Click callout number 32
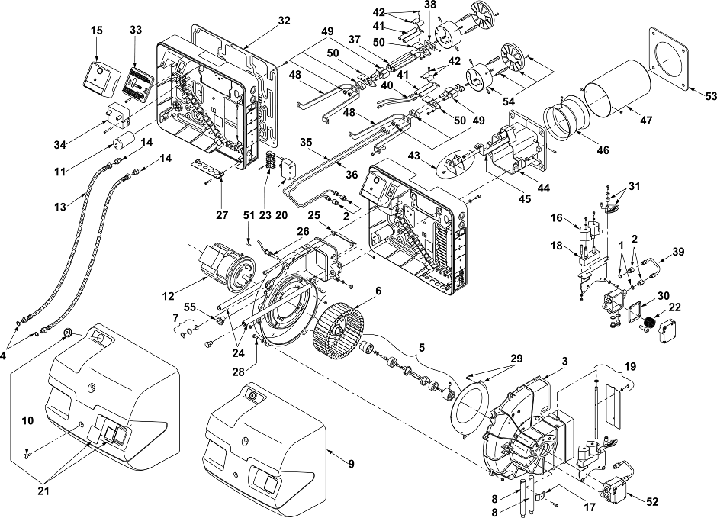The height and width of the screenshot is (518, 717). click(284, 21)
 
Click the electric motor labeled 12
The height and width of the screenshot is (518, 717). click(225, 268)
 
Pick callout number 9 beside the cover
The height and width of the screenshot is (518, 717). click(351, 464)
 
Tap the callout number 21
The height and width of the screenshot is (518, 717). click(43, 491)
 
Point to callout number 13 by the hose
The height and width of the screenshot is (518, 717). click(60, 207)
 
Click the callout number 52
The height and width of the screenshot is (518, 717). click(652, 501)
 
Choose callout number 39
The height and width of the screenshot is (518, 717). click(678, 252)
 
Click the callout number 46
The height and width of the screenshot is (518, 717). click(603, 150)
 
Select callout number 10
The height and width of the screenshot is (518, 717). click(28, 420)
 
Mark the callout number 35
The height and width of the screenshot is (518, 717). click(306, 142)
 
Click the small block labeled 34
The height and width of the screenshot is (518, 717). click(117, 116)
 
